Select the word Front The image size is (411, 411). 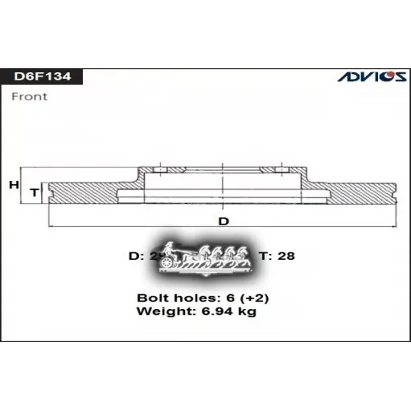tap(30, 96)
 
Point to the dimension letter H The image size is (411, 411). tap(13, 185)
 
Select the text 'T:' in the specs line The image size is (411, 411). tap(266, 256)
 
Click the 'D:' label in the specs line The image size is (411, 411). tap(138, 256)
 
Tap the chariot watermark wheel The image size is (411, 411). tap(169, 262)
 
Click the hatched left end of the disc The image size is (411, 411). tap(82, 192)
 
